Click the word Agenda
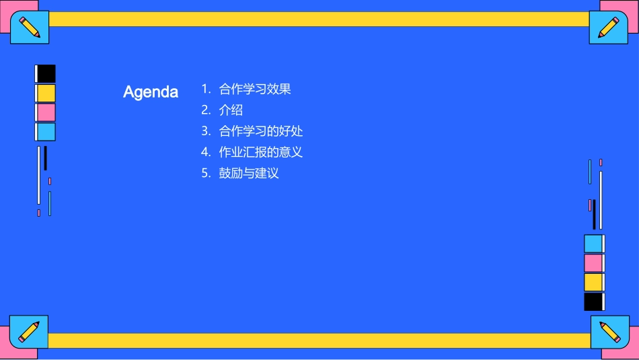[151, 92]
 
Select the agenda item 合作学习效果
[255, 89]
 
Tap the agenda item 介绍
[231, 110]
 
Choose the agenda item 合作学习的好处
[261, 131]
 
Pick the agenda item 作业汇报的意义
[261, 152]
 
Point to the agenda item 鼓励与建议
[249, 173]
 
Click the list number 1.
[205, 89]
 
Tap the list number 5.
[206, 173]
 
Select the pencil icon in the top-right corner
[608, 28]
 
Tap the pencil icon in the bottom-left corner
[29, 332]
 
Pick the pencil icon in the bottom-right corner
[609, 332]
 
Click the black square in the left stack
[46, 73]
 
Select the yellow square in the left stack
[46, 93]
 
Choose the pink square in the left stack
[46, 112]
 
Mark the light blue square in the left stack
[46, 132]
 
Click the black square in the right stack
[593, 301]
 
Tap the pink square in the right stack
[593, 262]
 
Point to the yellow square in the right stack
[593, 282]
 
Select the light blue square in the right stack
[593, 244]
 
